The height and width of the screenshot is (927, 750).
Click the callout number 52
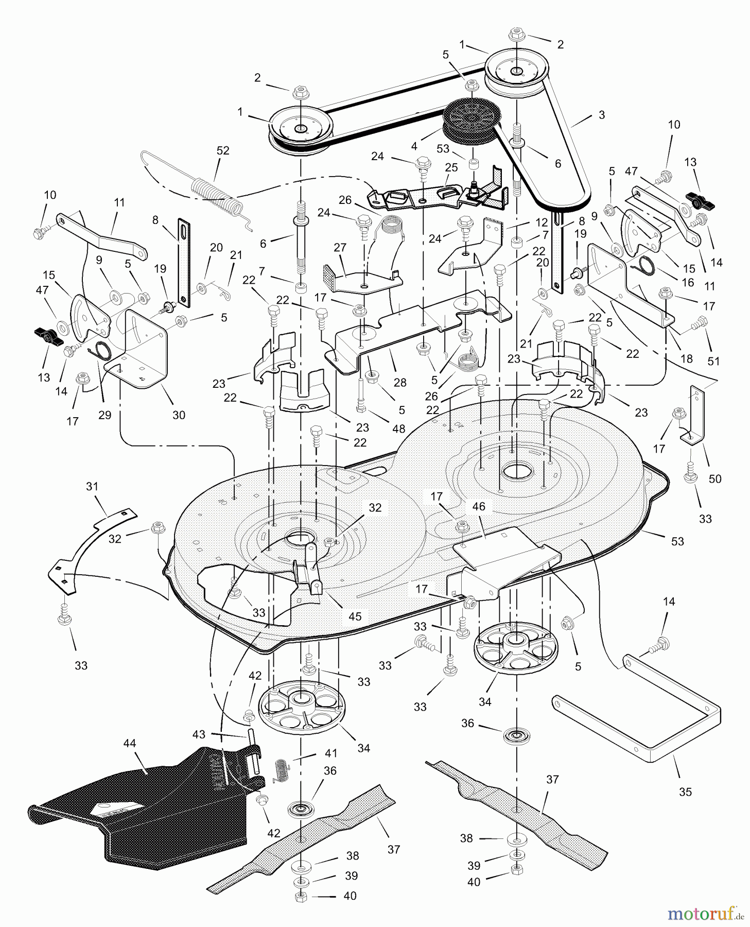(223, 151)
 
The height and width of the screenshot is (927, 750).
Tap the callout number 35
(685, 792)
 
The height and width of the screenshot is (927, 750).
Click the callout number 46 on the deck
(479, 507)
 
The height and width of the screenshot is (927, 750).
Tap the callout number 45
(355, 616)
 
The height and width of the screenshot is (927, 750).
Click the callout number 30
(179, 415)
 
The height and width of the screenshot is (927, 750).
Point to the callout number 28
(400, 382)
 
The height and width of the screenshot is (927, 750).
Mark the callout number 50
(715, 479)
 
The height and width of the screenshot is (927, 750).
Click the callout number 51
(713, 361)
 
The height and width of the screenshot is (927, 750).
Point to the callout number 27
(340, 248)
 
